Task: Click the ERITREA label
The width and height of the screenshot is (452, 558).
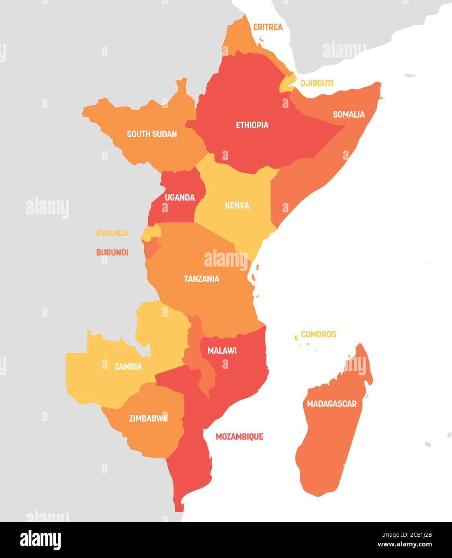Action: (268, 27)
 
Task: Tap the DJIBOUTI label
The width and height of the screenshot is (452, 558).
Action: (317, 83)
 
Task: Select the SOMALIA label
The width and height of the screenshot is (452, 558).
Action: (349, 114)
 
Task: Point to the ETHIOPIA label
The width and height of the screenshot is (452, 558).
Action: (252, 125)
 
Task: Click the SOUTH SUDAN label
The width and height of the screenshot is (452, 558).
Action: (151, 134)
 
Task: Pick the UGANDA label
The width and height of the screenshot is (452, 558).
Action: (180, 197)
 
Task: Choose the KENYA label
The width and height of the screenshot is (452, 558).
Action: (237, 205)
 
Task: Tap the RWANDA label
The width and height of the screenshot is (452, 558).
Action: (112, 233)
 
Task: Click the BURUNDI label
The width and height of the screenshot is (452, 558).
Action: (112, 253)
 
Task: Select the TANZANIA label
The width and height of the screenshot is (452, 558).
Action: (201, 279)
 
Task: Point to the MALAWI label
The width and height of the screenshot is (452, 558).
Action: (222, 350)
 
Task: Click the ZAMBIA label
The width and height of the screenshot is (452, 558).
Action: (128, 366)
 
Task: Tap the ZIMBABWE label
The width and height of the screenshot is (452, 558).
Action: (148, 418)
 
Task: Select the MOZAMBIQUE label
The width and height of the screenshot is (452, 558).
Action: (239, 436)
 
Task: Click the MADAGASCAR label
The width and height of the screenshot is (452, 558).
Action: (331, 403)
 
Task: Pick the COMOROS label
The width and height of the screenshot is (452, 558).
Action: (318, 334)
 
